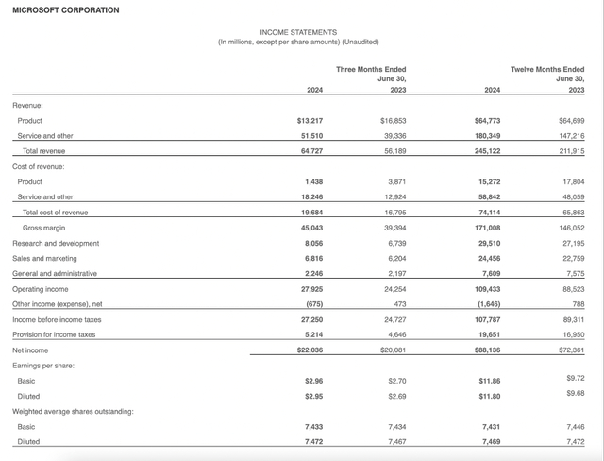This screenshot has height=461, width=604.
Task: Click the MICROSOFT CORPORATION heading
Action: (66, 10)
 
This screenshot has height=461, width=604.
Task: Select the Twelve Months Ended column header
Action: (547, 70)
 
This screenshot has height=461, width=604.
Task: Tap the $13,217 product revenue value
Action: (310, 121)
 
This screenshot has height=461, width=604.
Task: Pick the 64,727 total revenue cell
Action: (313, 150)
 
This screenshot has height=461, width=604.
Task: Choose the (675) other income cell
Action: (315, 304)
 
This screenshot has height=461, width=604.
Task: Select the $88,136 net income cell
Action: (489, 350)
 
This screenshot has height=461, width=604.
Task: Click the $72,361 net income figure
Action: (572, 350)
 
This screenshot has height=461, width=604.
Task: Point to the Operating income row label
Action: (41, 289)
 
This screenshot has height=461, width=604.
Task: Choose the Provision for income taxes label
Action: (54, 334)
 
